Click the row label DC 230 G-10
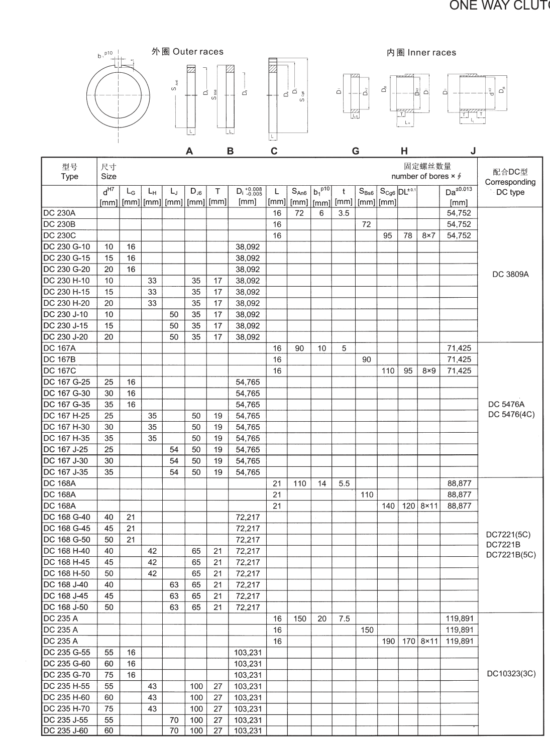tap(66, 246)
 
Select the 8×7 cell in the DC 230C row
tap(428, 235)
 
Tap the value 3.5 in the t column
tap(344, 213)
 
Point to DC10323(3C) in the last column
tap(511, 674)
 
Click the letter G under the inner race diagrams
tap(356, 151)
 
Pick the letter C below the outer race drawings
tap(274, 151)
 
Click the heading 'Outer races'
tap(187, 52)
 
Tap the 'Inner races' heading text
tap(421, 52)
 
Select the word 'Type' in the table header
tap(69, 176)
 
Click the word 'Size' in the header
tap(108, 176)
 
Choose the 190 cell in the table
tap(388, 641)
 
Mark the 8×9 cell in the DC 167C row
tap(428, 371)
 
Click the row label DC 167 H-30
tap(66, 427)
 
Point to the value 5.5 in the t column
tap(344, 483)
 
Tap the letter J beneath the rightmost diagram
tap(473, 151)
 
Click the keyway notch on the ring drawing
tap(119, 63)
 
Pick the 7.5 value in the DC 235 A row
tap(344, 619)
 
